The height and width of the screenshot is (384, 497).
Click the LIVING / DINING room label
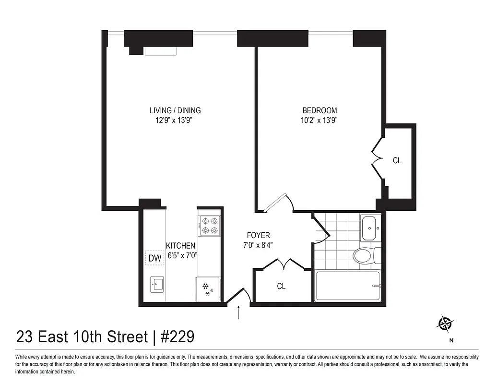click(x=175, y=110)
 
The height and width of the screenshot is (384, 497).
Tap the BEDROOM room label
click(x=319, y=110)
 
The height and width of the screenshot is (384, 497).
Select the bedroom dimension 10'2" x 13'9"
click(x=319, y=121)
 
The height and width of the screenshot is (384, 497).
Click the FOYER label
click(x=258, y=235)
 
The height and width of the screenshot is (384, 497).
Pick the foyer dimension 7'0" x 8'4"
click(x=258, y=245)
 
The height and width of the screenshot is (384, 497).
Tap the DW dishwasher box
click(x=154, y=258)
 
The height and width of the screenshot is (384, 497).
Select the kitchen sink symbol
click(x=156, y=284)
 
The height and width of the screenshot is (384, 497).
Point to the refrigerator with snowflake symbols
click(x=208, y=289)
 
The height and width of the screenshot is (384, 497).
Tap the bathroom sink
click(x=370, y=228)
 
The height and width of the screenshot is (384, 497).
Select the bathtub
click(x=347, y=286)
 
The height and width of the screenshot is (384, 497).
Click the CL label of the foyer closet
click(x=281, y=287)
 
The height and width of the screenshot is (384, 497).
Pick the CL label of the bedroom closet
click(x=397, y=161)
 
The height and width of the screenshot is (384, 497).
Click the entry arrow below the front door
click(x=238, y=312)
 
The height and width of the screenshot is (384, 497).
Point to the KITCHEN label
click(x=180, y=246)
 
